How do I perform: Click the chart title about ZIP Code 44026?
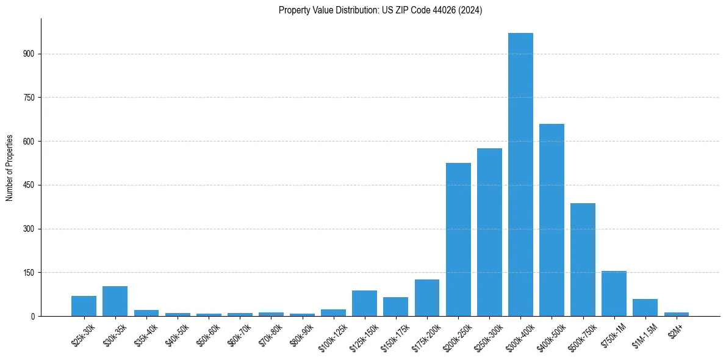[380, 10]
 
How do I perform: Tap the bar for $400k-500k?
[552, 220]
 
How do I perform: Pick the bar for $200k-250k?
[458, 239]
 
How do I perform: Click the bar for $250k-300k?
[489, 232]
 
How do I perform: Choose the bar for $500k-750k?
[583, 259]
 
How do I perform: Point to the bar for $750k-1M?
[614, 293]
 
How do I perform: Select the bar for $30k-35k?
[115, 301]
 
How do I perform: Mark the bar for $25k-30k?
[84, 306]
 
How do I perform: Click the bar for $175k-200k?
[427, 298]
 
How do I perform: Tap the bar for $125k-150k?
[364, 303]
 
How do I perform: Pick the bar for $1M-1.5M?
[645, 308]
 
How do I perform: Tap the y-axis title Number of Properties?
[10, 168]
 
